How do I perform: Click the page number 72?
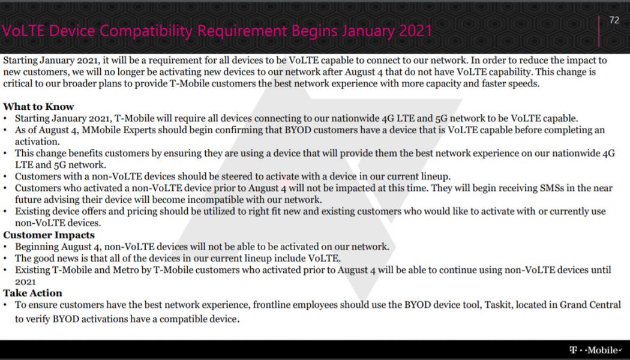(614, 20)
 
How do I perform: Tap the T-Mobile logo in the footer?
(595, 350)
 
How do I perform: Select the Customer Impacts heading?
(49, 235)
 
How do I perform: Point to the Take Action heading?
(32, 293)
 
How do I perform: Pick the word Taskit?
(493, 305)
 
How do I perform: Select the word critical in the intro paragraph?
(18, 83)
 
